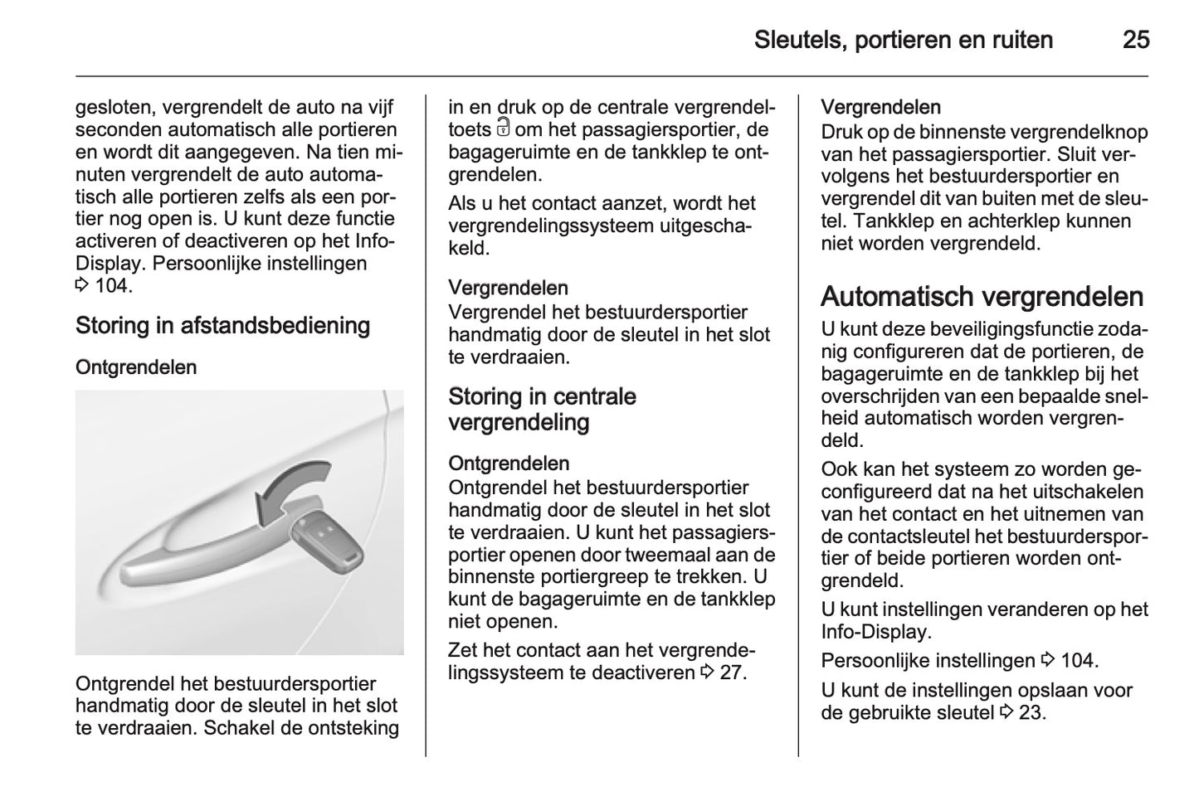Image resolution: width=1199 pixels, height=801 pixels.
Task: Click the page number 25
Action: (x=1136, y=40)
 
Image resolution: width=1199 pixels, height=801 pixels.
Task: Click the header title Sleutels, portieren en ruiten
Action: (x=904, y=40)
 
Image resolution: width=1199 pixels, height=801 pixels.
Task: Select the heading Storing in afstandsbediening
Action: (x=222, y=325)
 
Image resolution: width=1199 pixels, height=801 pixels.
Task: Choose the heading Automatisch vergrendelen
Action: (x=982, y=296)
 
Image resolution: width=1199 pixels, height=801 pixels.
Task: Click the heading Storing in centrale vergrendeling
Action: (x=542, y=409)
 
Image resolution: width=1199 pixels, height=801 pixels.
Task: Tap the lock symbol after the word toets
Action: (x=504, y=129)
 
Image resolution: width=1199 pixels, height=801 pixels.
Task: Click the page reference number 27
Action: (x=731, y=672)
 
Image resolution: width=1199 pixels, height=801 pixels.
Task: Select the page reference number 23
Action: (x=1031, y=712)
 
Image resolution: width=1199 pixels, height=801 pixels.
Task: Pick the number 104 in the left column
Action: (x=112, y=286)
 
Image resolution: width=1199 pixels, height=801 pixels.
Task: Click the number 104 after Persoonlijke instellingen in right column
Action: (x=1077, y=661)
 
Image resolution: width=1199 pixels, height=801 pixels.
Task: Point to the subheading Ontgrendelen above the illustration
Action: (x=136, y=367)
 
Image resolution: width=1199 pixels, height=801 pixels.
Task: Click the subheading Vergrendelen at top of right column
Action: (x=880, y=107)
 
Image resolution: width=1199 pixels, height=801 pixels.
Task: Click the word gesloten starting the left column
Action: (x=114, y=107)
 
